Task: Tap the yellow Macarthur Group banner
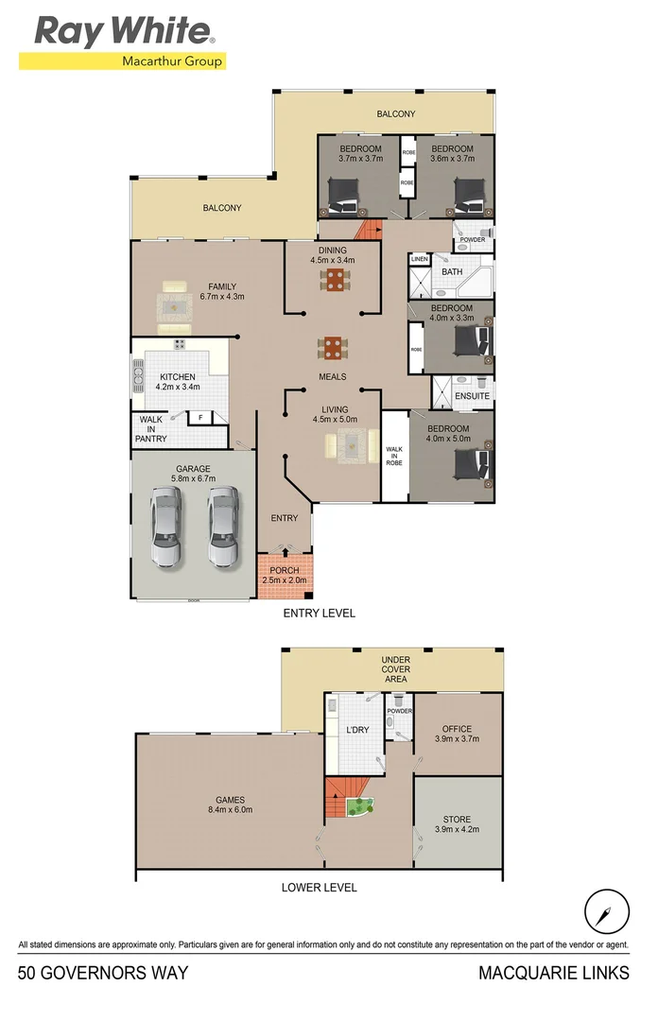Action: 123,62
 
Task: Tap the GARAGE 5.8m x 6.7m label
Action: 193,474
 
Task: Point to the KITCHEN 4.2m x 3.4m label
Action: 178,382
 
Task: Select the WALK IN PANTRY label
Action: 152,429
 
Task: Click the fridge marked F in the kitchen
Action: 200,417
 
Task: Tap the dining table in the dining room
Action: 334,280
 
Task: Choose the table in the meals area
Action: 334,348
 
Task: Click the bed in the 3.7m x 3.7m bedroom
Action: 342,199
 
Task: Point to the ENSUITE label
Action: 472,396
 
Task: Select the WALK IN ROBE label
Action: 394,458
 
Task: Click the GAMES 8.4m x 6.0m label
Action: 231,804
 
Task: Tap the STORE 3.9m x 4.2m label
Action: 457,824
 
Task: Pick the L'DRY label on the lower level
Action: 358,731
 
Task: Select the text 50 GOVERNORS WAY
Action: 102,973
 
